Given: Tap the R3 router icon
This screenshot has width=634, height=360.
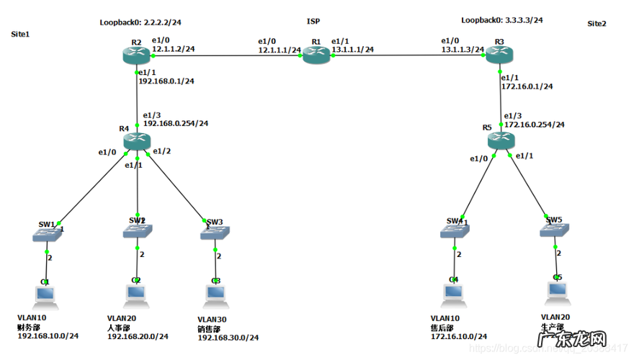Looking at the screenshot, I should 496,55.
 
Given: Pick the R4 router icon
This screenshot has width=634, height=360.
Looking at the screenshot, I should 136,141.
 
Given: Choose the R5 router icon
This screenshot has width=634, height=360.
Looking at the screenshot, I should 497,142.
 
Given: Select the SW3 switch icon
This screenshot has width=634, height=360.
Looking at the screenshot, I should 215,233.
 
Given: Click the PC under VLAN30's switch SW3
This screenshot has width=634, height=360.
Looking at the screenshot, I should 215,294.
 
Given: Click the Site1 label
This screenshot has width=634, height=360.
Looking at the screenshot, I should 20,34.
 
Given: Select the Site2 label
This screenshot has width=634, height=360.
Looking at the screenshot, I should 597,24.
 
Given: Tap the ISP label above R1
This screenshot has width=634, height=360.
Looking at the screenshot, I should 313,22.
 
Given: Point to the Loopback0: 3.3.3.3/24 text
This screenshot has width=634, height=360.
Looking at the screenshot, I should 501,20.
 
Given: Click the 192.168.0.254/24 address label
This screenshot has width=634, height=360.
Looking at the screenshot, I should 176,123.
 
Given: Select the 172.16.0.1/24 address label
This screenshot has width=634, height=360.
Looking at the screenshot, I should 527,86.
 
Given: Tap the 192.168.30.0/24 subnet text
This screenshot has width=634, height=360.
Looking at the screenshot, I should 228,338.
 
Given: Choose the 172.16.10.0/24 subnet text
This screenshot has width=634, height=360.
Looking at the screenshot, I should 458,336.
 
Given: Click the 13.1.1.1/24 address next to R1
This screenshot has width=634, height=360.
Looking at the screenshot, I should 352,50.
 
